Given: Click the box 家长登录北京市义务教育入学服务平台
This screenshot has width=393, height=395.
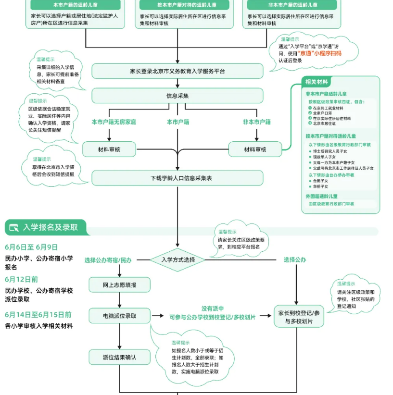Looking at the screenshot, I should click(x=177, y=71).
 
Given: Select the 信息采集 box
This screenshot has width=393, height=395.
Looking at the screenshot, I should click(x=177, y=96).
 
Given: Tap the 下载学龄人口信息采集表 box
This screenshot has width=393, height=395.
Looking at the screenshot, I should click(x=177, y=178).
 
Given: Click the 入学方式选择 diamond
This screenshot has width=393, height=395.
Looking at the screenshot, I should click(x=178, y=260).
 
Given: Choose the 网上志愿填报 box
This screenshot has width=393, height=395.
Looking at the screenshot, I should click(x=120, y=285).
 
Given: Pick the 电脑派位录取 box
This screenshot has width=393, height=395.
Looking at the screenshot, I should click(x=120, y=316).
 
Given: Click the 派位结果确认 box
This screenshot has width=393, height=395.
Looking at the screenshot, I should click(x=120, y=357).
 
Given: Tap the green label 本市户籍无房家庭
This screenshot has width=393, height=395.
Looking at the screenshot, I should click(x=114, y=122).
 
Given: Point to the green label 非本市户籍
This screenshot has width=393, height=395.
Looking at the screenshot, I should click(x=256, y=122).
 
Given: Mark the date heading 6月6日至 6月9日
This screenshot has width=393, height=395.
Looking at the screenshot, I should click(x=31, y=247).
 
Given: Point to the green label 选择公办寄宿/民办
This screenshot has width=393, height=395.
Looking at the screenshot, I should click(x=108, y=260).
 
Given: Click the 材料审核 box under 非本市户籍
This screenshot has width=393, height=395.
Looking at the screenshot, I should click(x=254, y=149).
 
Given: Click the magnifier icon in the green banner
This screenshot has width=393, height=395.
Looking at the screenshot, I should click(x=14, y=227).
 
